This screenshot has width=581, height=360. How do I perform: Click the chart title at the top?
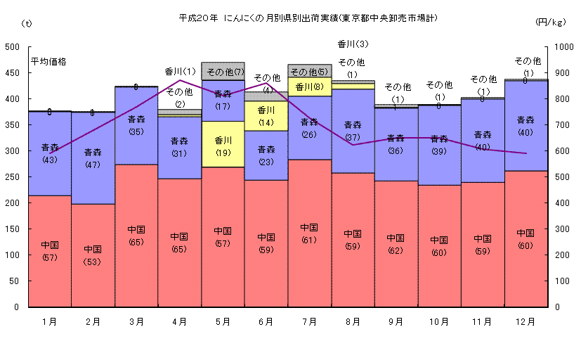308,18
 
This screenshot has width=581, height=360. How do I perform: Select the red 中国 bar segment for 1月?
50,250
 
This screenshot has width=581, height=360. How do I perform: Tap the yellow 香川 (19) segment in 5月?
223,144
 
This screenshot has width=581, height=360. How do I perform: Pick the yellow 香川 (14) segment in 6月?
266,115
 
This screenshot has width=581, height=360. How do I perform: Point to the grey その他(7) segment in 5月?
223,71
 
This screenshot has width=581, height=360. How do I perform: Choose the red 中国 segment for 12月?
525,239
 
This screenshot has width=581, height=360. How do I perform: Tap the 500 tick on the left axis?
13,47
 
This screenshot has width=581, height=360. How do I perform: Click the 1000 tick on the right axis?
563,47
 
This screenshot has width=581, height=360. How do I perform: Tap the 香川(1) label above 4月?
180,71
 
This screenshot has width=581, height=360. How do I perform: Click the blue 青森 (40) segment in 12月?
525,125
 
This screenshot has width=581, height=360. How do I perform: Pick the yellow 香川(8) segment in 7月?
309,87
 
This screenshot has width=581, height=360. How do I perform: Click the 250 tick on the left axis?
13,177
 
